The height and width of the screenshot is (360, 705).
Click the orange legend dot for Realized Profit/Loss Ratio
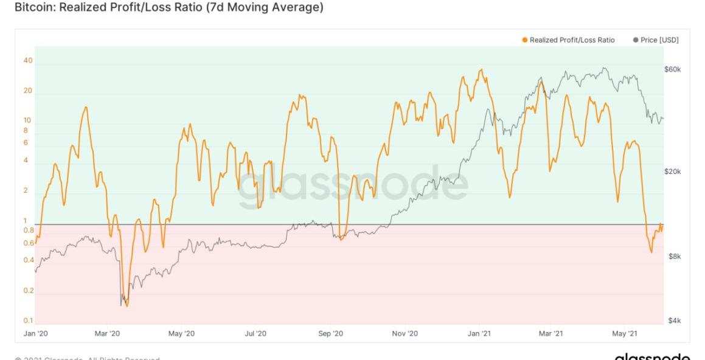coord(524,40)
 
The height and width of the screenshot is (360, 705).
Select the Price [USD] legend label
coord(659,40)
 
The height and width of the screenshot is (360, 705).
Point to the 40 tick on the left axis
coord(28,61)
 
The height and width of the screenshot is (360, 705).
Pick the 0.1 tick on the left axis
coord(28,320)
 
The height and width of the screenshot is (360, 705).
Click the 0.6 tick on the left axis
coord(28,243)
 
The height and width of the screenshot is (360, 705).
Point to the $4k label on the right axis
coord(674,320)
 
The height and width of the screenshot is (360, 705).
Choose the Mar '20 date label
coord(108,333)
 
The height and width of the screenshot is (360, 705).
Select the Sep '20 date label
coord(331,333)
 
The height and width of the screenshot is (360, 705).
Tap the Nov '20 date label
coord(405,333)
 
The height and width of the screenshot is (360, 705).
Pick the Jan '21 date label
coord(479,333)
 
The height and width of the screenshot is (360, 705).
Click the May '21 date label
coord(625,333)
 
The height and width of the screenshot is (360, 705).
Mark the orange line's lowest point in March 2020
coord(127,306)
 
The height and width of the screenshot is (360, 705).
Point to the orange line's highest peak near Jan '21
coord(481,69)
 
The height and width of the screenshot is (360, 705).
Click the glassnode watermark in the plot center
coord(353,182)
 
